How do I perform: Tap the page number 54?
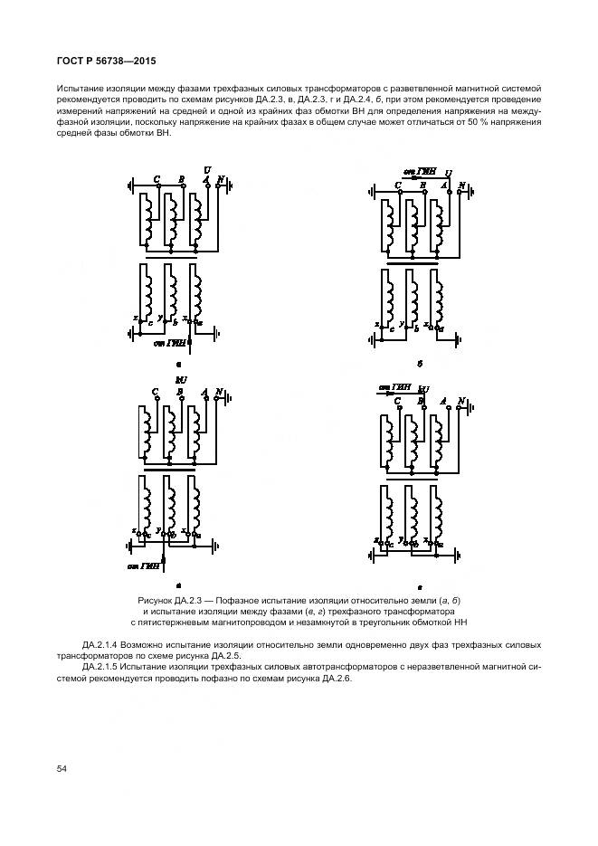click(62, 768)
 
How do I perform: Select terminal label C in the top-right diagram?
click(398, 185)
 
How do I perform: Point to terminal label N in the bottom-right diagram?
click(460, 401)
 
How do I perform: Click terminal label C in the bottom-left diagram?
click(156, 393)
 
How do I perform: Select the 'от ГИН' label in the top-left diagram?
click(168, 343)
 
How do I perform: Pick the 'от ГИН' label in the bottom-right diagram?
click(394, 387)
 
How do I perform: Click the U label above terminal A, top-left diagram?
click(207, 170)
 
